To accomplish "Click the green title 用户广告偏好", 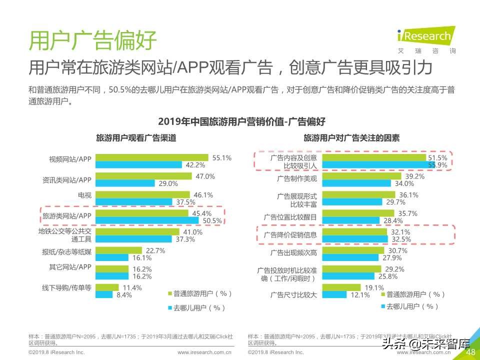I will pyautogui.click(x=92, y=40).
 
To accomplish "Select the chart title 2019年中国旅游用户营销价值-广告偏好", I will pyautogui.click(x=241, y=121).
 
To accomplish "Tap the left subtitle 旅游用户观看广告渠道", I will pyautogui.click(x=136, y=138).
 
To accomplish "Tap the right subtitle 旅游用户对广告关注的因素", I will pyautogui.click(x=352, y=138).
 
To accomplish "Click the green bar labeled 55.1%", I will pyautogui.click(x=151, y=157).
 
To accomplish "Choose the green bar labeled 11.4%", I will pyautogui.click(x=107, y=287).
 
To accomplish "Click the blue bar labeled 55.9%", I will pyautogui.click(x=374, y=165).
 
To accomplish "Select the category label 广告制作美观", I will pyautogui.click(x=296, y=178).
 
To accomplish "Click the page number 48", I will pyautogui.click(x=469, y=352).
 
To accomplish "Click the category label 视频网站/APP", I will pyautogui.click(x=70, y=159).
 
